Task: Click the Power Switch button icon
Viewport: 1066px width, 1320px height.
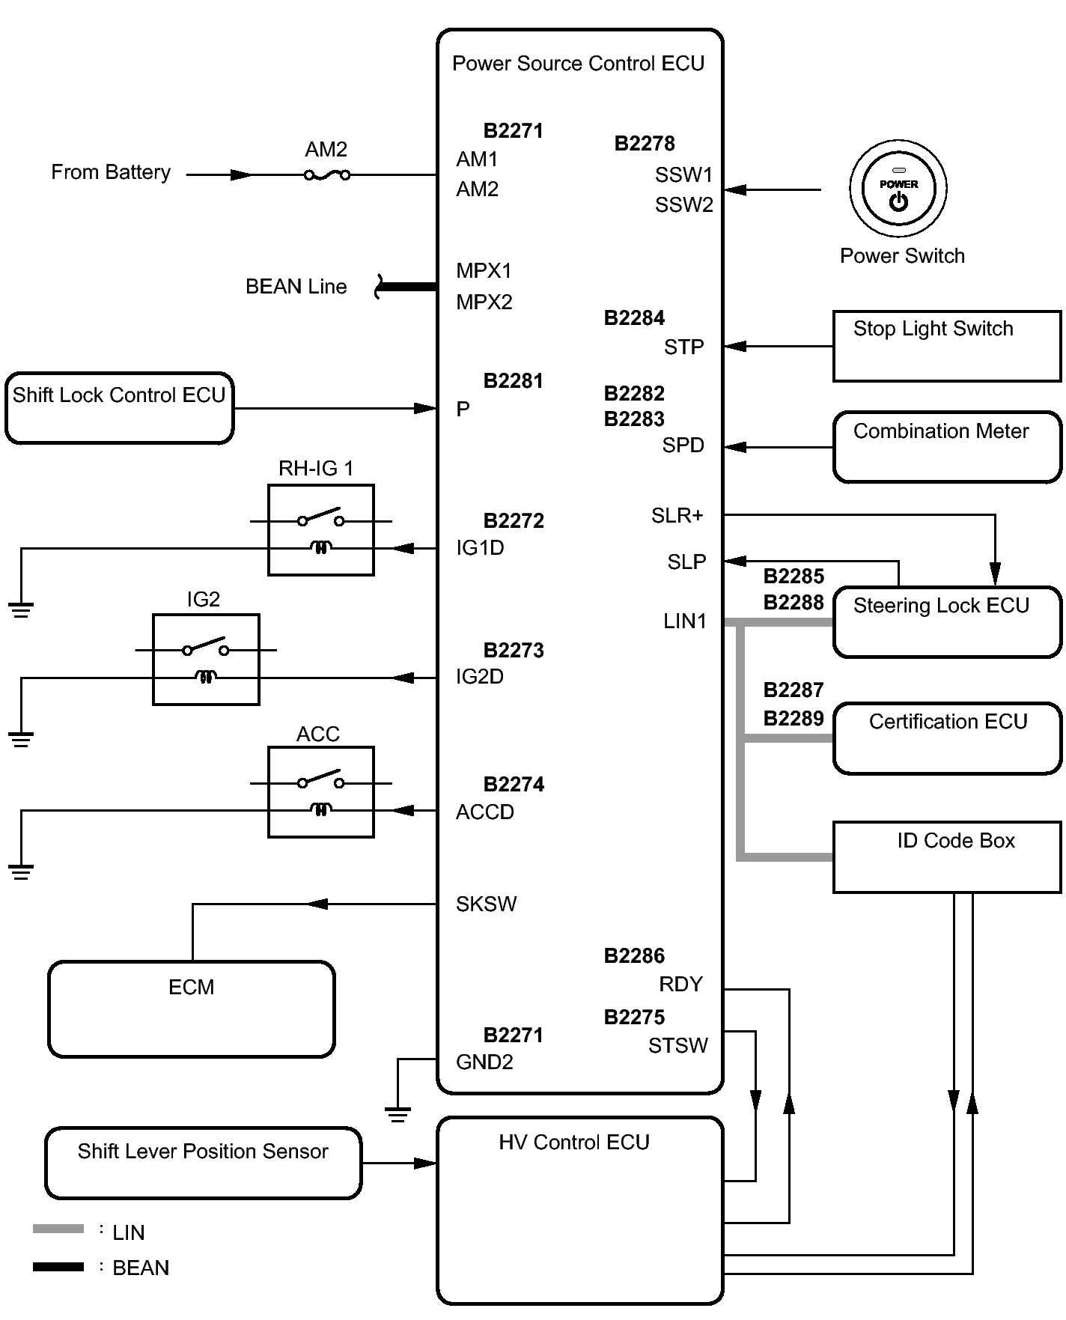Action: (898, 188)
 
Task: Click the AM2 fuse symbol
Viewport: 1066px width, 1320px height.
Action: (327, 174)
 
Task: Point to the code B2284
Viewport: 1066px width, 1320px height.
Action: (634, 318)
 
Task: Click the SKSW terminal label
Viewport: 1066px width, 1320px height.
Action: (486, 904)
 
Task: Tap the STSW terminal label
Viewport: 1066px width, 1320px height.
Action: (678, 1045)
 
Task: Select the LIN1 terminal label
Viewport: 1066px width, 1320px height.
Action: (685, 621)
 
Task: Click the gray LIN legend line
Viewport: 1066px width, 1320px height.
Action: (58, 1229)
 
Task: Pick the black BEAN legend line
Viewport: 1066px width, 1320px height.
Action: (58, 1267)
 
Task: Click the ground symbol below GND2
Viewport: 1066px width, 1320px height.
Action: (398, 1114)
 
